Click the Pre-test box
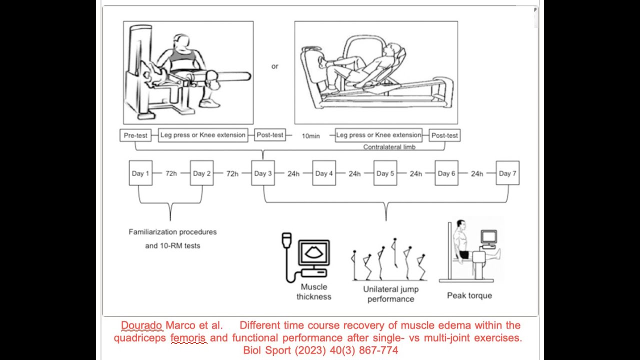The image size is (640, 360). click(135, 135)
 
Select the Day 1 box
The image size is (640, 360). click(140, 173)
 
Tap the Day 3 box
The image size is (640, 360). click(263, 173)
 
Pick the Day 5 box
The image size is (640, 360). click(385, 173)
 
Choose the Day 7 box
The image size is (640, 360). click(507, 173)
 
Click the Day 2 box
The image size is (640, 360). click(201, 173)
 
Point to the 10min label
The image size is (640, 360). click(310, 136)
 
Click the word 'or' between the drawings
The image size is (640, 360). click(274, 66)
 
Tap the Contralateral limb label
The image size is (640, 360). click(389, 147)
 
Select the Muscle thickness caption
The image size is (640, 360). click(314, 291)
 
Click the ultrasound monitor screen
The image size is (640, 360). click(314, 252)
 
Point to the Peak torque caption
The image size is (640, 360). click(469, 295)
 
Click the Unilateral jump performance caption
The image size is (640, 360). click(391, 294)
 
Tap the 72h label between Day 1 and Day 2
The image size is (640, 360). click(171, 173)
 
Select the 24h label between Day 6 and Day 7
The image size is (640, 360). click(477, 173)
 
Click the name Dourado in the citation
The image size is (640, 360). click(141, 325)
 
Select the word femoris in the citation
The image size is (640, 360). click(188, 338)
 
